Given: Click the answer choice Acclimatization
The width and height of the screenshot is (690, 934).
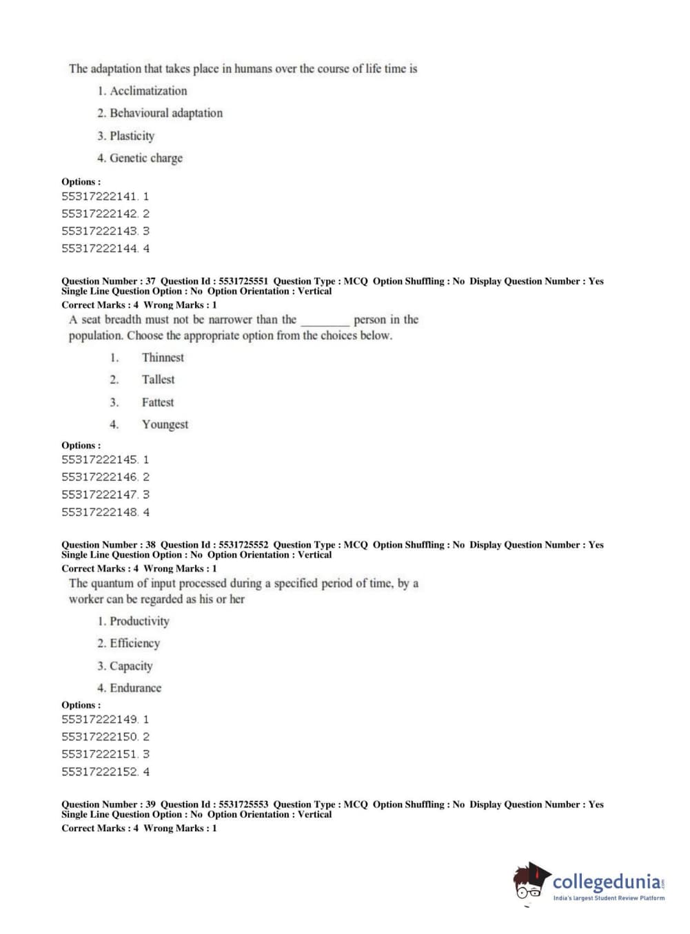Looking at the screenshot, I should (148, 91).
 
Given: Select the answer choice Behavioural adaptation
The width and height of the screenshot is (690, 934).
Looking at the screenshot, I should (166, 113).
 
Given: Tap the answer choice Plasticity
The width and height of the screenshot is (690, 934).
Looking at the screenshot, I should (132, 136).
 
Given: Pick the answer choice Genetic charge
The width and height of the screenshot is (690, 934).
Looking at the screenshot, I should (146, 158).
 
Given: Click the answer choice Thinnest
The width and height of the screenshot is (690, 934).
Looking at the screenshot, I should (163, 357).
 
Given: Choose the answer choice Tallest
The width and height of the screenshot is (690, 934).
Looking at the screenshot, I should (158, 380).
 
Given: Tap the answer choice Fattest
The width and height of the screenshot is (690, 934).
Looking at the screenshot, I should (158, 402).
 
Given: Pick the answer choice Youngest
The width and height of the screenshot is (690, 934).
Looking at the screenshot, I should (165, 424).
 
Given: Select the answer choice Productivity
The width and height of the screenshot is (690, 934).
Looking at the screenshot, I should (139, 621).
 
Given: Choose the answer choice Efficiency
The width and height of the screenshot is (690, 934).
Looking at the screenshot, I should (134, 643).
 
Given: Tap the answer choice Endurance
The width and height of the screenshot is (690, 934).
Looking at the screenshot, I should (135, 688).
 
